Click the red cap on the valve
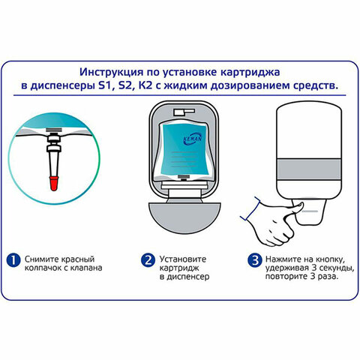click(54, 183)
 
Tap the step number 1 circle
click(13, 260)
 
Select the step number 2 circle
click(148, 260)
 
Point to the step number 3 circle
click(255, 260)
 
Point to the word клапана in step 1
click(85, 268)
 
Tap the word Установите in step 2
click(183, 259)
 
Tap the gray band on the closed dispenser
click(309, 169)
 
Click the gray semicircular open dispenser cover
click(184, 217)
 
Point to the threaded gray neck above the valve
click(54, 130)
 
